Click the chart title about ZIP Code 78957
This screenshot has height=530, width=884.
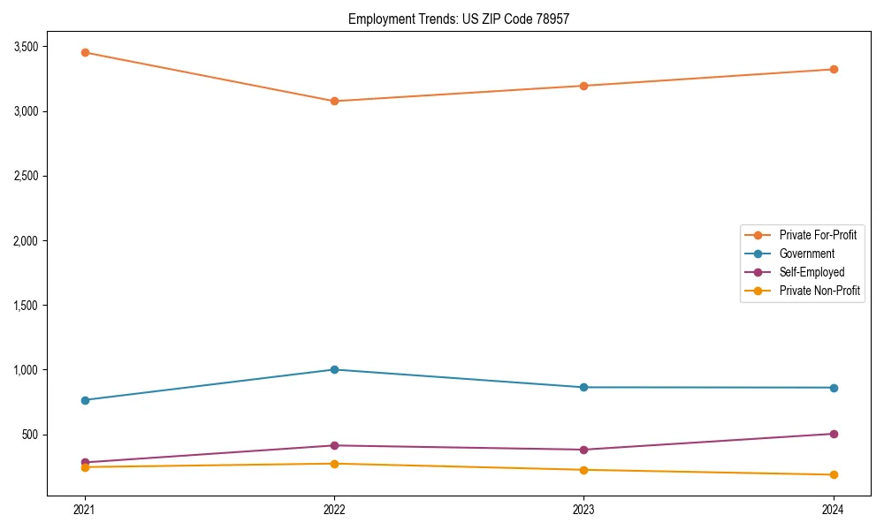(464, 19)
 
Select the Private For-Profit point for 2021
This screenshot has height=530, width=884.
(85, 52)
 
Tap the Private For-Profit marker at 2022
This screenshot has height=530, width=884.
(334, 101)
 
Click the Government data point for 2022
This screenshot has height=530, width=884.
(334, 369)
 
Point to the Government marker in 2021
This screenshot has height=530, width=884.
(85, 400)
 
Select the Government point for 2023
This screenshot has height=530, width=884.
(583, 387)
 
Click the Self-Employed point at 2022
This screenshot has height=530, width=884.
(334, 445)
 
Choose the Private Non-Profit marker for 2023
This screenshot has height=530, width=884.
(583, 470)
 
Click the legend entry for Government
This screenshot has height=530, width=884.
(806, 254)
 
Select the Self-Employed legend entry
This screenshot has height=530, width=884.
(812, 272)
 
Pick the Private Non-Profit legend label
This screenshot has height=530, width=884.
(819, 291)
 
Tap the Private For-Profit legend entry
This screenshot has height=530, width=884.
(818, 235)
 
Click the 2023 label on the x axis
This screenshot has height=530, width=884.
(583, 509)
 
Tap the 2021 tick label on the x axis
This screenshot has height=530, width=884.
(85, 509)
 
